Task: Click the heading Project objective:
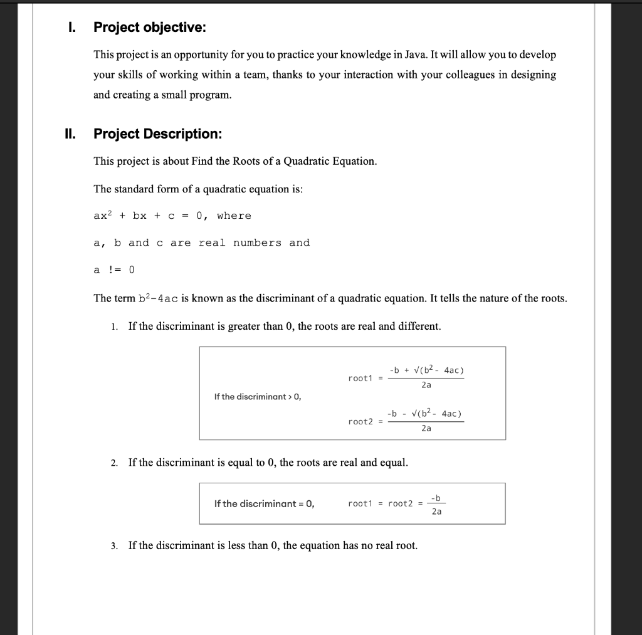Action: click(149, 28)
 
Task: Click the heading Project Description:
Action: click(157, 134)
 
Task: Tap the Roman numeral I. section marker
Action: click(73, 28)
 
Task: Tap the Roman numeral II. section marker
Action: click(70, 134)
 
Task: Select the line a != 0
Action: click(113, 270)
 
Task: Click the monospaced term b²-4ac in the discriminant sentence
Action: click(159, 298)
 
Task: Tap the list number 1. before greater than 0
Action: click(113, 327)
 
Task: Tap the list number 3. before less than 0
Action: click(113, 546)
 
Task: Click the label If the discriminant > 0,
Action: click(258, 396)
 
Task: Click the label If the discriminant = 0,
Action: click(264, 503)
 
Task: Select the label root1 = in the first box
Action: click(363, 378)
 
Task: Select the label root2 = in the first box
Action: click(363, 421)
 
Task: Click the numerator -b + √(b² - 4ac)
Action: click(426, 370)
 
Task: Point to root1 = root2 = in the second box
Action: click(385, 503)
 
